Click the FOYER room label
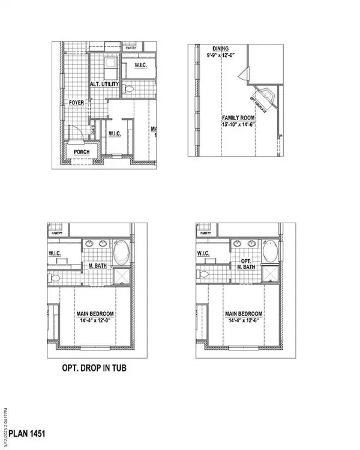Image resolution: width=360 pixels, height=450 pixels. coord(76,103)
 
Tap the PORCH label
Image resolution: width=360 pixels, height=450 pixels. coord(82,152)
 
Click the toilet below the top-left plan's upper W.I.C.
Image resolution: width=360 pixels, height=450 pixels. coord(130,90)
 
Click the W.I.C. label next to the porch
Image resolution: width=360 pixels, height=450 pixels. coord(114,134)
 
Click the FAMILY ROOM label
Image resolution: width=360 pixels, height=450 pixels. coord(237,118)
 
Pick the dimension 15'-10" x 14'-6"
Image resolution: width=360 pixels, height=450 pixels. coord(237,124)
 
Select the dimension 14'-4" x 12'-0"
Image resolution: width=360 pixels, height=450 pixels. coord(95,320)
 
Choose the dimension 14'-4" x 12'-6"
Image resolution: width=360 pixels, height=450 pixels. coord(244,320)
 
